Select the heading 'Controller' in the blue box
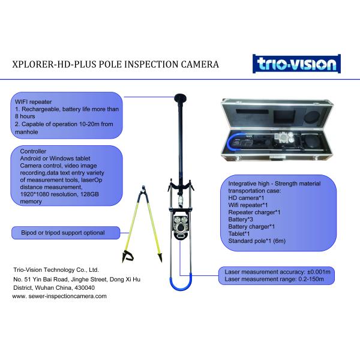pos(34,152)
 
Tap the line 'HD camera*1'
pos(247,197)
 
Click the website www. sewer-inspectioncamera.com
pos(59,296)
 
